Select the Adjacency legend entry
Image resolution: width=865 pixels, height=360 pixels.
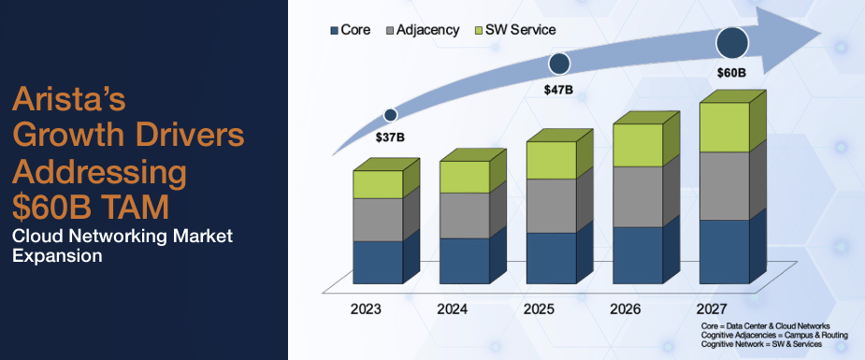[x=422, y=30]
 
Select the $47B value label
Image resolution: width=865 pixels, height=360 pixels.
[x=559, y=90]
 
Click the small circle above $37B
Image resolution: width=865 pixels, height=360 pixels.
[x=390, y=115]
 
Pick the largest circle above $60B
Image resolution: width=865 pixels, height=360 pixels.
[x=733, y=42]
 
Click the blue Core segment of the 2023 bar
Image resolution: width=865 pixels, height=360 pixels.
[x=377, y=262]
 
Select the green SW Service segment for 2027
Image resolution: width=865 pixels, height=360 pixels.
[x=725, y=127]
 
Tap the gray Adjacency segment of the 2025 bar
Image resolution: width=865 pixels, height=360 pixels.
[x=550, y=206]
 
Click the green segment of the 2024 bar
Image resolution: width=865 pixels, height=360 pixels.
[x=464, y=177]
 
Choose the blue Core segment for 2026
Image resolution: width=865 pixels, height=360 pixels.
[x=637, y=254]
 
